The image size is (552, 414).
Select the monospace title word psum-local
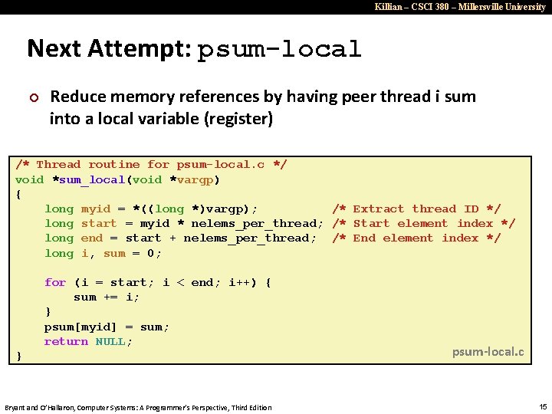pyautogui.click(x=279, y=50)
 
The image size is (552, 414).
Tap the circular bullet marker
pyautogui.click(x=33, y=97)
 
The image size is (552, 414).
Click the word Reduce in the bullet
pyautogui.click(x=77, y=97)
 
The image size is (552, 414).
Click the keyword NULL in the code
pyautogui.click(x=113, y=341)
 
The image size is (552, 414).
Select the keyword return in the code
pyautogui.click(x=66, y=341)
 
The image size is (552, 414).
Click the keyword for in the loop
pyautogui.click(x=55, y=282)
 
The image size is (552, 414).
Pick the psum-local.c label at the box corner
pyautogui.click(x=488, y=352)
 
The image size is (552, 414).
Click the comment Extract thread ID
pyautogui.click(x=416, y=209)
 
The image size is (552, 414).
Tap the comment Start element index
pyautogui.click(x=423, y=223)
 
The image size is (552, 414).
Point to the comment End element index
pyautogui.click(x=416, y=238)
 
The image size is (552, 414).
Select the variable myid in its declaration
pyautogui.click(x=96, y=209)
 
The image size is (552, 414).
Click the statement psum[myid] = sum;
pyautogui.click(x=107, y=327)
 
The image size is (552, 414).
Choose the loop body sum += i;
pyautogui.click(x=107, y=297)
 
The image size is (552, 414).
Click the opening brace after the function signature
pyautogui.click(x=19, y=194)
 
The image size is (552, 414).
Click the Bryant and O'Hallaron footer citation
pyautogui.click(x=138, y=407)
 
